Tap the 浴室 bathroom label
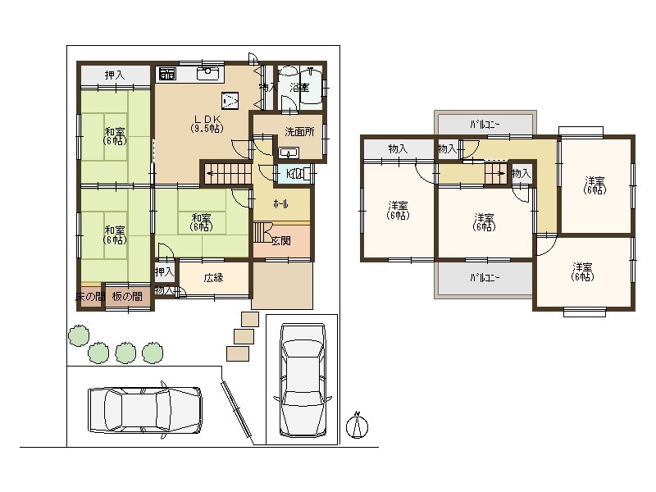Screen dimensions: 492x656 point(299,87)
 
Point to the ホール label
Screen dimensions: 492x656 point(280,203)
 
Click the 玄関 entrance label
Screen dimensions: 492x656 point(281,240)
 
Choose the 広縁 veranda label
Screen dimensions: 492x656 point(213,278)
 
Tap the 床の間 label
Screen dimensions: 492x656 point(89,296)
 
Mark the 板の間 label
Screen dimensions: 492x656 point(128,296)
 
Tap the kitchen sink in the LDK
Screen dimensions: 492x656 point(209,75)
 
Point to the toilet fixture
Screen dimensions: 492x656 point(298,174)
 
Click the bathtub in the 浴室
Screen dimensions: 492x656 point(312,86)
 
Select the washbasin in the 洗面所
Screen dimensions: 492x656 point(288,153)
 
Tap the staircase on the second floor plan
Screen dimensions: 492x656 point(494,174)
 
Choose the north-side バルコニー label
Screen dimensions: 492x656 point(485,125)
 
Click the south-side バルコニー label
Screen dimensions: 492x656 point(485,278)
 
